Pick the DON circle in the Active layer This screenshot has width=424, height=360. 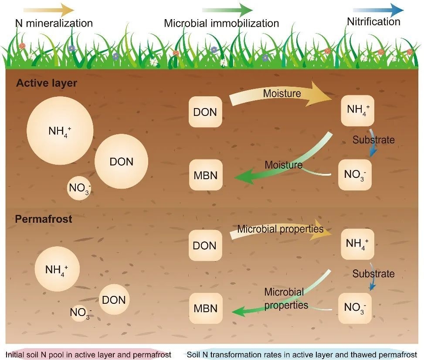pyautogui.click(x=121, y=162)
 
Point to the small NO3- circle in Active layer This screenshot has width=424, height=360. pyautogui.click(x=79, y=188)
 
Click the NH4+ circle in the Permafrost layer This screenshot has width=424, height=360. pyautogui.click(x=57, y=269)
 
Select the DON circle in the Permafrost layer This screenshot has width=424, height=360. pyautogui.click(x=114, y=300)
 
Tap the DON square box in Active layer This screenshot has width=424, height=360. pyautogui.click(x=205, y=112)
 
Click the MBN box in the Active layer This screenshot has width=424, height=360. pyautogui.click(x=205, y=175)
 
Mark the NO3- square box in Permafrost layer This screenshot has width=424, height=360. pyautogui.click(x=355, y=307)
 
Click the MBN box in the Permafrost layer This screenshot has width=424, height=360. pyautogui.click(x=205, y=308)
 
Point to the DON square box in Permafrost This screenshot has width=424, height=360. pyautogui.click(x=204, y=245)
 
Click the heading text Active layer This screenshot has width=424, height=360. pyautogui.click(x=46, y=83)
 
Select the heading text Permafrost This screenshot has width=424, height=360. pyautogui.click(x=44, y=219)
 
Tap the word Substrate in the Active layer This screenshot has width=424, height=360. pyautogui.click(x=373, y=140)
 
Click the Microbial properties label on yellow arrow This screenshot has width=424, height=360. pyautogui.click(x=280, y=229)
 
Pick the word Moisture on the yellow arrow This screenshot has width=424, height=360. pyautogui.click(x=282, y=93)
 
